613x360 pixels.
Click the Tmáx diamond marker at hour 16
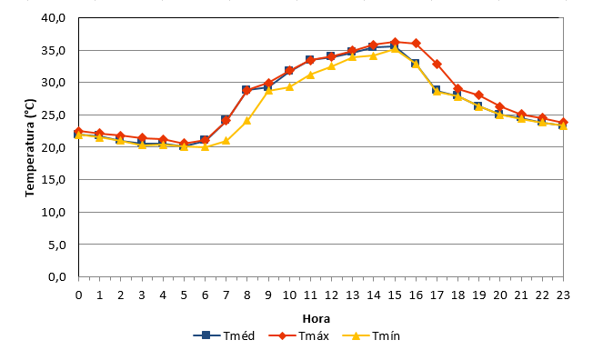click(x=416, y=43)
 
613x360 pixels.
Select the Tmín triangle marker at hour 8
click(x=247, y=121)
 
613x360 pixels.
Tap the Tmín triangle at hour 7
click(x=226, y=141)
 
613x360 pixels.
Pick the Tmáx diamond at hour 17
click(x=437, y=65)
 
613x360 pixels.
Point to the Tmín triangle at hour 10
click(x=289, y=86)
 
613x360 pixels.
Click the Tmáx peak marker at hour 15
click(x=395, y=42)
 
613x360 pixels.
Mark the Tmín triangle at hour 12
click(x=332, y=66)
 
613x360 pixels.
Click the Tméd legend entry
click(x=224, y=335)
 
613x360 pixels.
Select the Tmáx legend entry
click(x=299, y=335)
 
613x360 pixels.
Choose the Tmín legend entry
click(x=371, y=335)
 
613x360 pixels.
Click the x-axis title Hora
click(x=317, y=319)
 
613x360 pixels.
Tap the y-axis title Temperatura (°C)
click(x=30, y=148)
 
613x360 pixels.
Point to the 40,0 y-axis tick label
click(x=54, y=18)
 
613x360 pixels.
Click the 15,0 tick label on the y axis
click(x=54, y=180)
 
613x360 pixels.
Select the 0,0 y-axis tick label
click(x=56, y=276)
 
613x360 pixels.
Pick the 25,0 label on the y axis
click(x=54, y=115)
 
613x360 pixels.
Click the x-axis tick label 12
click(x=332, y=295)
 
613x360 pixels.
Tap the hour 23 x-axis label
click(x=563, y=295)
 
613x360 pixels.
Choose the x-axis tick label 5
click(x=184, y=295)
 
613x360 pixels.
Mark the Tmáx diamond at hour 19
click(x=479, y=95)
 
